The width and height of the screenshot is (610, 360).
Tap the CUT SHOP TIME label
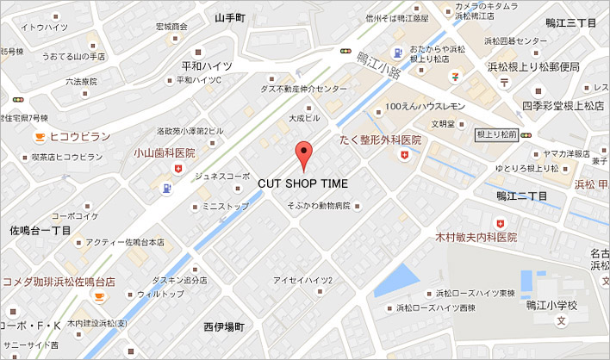[x=303, y=183]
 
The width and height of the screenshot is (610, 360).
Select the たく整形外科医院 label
[x=380, y=140]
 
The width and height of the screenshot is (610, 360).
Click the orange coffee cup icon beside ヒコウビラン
[x=39, y=137]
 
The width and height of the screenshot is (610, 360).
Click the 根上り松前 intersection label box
[x=496, y=134]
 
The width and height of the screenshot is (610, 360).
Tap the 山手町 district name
[x=230, y=17]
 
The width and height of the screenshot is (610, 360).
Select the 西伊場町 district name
[x=225, y=327]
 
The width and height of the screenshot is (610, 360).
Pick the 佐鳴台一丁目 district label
[x=40, y=231]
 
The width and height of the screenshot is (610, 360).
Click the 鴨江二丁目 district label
[x=521, y=196]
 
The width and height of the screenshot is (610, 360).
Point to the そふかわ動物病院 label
[x=318, y=207]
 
